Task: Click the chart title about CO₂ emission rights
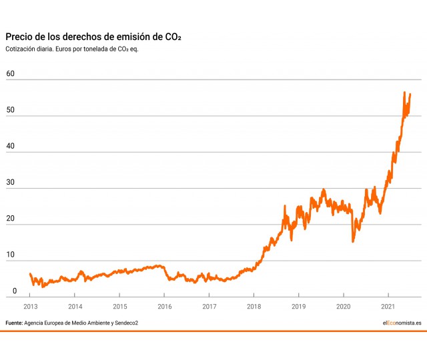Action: click(x=93, y=37)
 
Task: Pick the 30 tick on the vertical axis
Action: click(x=10, y=181)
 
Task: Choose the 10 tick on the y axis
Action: click(x=10, y=254)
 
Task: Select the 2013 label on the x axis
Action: click(x=31, y=307)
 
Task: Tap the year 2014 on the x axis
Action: click(x=75, y=307)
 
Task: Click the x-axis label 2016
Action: click(x=165, y=307)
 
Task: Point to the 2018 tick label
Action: click(x=254, y=307)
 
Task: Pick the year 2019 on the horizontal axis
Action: click(x=299, y=307)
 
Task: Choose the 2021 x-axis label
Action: click(x=388, y=307)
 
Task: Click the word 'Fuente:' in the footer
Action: click(x=14, y=323)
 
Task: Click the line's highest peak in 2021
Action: click(x=404, y=93)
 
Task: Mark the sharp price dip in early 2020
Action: click(x=353, y=241)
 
